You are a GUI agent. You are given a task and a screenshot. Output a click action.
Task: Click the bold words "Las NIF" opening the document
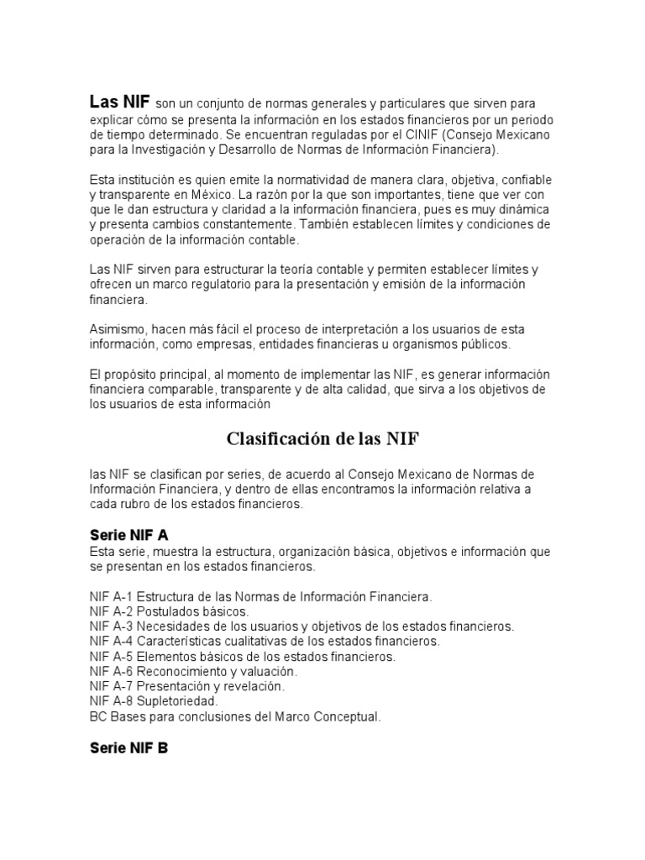coord(120,102)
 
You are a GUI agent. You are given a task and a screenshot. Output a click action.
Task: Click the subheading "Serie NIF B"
coord(129,747)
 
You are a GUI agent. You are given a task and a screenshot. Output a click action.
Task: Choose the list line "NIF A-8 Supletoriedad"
coord(154,700)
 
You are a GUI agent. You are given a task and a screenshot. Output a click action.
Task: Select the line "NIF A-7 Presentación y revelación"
coord(187,686)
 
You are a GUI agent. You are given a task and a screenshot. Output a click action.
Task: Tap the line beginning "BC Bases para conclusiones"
coord(235,716)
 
